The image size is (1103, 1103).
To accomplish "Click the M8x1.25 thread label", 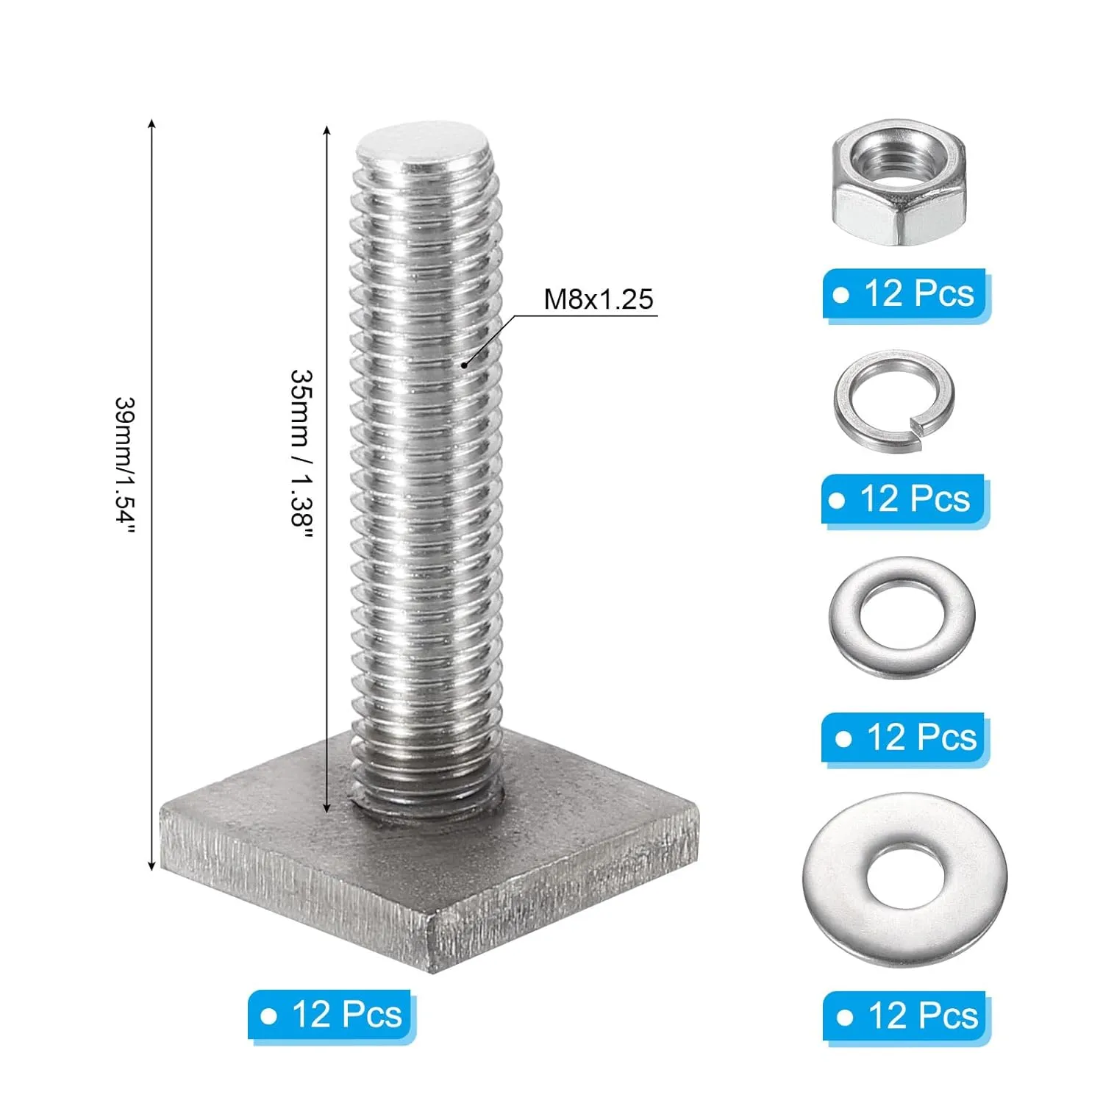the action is [x=599, y=299].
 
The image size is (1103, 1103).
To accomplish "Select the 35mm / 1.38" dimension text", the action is [x=301, y=457].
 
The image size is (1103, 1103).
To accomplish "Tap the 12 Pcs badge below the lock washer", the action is [x=904, y=500].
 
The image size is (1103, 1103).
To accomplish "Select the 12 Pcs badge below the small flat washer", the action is [x=905, y=738].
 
